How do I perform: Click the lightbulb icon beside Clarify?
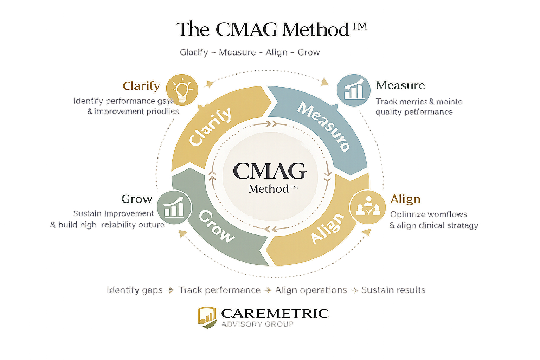click(x=182, y=90)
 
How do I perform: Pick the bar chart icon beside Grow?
click(x=174, y=208)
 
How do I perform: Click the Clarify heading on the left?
click(x=141, y=86)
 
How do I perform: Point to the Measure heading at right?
click(x=400, y=85)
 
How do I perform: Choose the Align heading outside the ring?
click(x=405, y=199)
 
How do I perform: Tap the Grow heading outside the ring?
click(x=137, y=199)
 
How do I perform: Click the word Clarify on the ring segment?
click(x=210, y=126)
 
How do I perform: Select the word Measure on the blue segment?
click(x=324, y=126)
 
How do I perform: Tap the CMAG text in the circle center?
click(x=270, y=171)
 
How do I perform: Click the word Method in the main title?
click(x=315, y=30)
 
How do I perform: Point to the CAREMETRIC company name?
click(x=275, y=313)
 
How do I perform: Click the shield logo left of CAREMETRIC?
click(x=206, y=317)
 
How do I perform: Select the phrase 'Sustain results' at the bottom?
click(x=393, y=290)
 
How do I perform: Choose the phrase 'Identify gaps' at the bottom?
click(x=135, y=290)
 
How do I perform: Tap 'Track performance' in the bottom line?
click(x=220, y=290)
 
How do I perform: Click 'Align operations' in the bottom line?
click(x=311, y=290)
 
